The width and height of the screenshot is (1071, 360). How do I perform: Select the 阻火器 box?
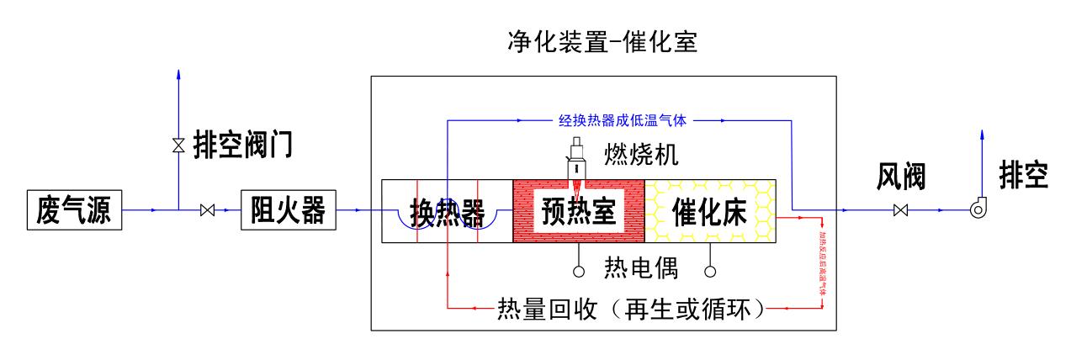click(289, 211)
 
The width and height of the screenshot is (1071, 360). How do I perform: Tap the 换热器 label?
click(447, 212)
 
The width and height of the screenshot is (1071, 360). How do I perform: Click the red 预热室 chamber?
click(578, 211)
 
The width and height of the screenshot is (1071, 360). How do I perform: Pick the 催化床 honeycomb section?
click(709, 211)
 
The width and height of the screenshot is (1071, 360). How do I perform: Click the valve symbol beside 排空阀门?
click(178, 146)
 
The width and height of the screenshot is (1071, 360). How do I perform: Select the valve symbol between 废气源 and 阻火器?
click(208, 211)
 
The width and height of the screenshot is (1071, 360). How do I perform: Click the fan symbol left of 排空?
click(979, 210)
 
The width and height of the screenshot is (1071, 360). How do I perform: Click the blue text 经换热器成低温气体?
click(623, 120)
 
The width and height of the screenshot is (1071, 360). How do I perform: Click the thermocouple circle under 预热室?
click(578, 272)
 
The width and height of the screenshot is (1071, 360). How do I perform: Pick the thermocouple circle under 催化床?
click(709, 272)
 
